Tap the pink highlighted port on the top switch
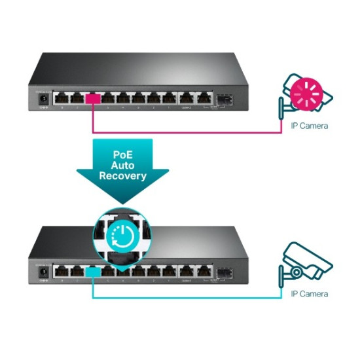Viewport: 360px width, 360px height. [x=92, y=99]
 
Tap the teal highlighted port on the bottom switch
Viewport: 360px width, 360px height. [x=92, y=270]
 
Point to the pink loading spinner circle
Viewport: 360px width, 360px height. [x=305, y=94]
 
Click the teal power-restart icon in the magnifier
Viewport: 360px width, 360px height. [x=122, y=233]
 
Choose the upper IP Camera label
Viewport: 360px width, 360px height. [x=309, y=126]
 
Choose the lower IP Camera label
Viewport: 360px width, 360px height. [x=309, y=294]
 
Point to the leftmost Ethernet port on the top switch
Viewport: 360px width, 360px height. [x=61, y=99]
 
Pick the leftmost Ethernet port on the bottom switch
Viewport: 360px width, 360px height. [x=61, y=270]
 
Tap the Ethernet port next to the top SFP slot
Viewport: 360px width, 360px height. [x=204, y=99]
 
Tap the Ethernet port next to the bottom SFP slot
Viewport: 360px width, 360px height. [x=204, y=270]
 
